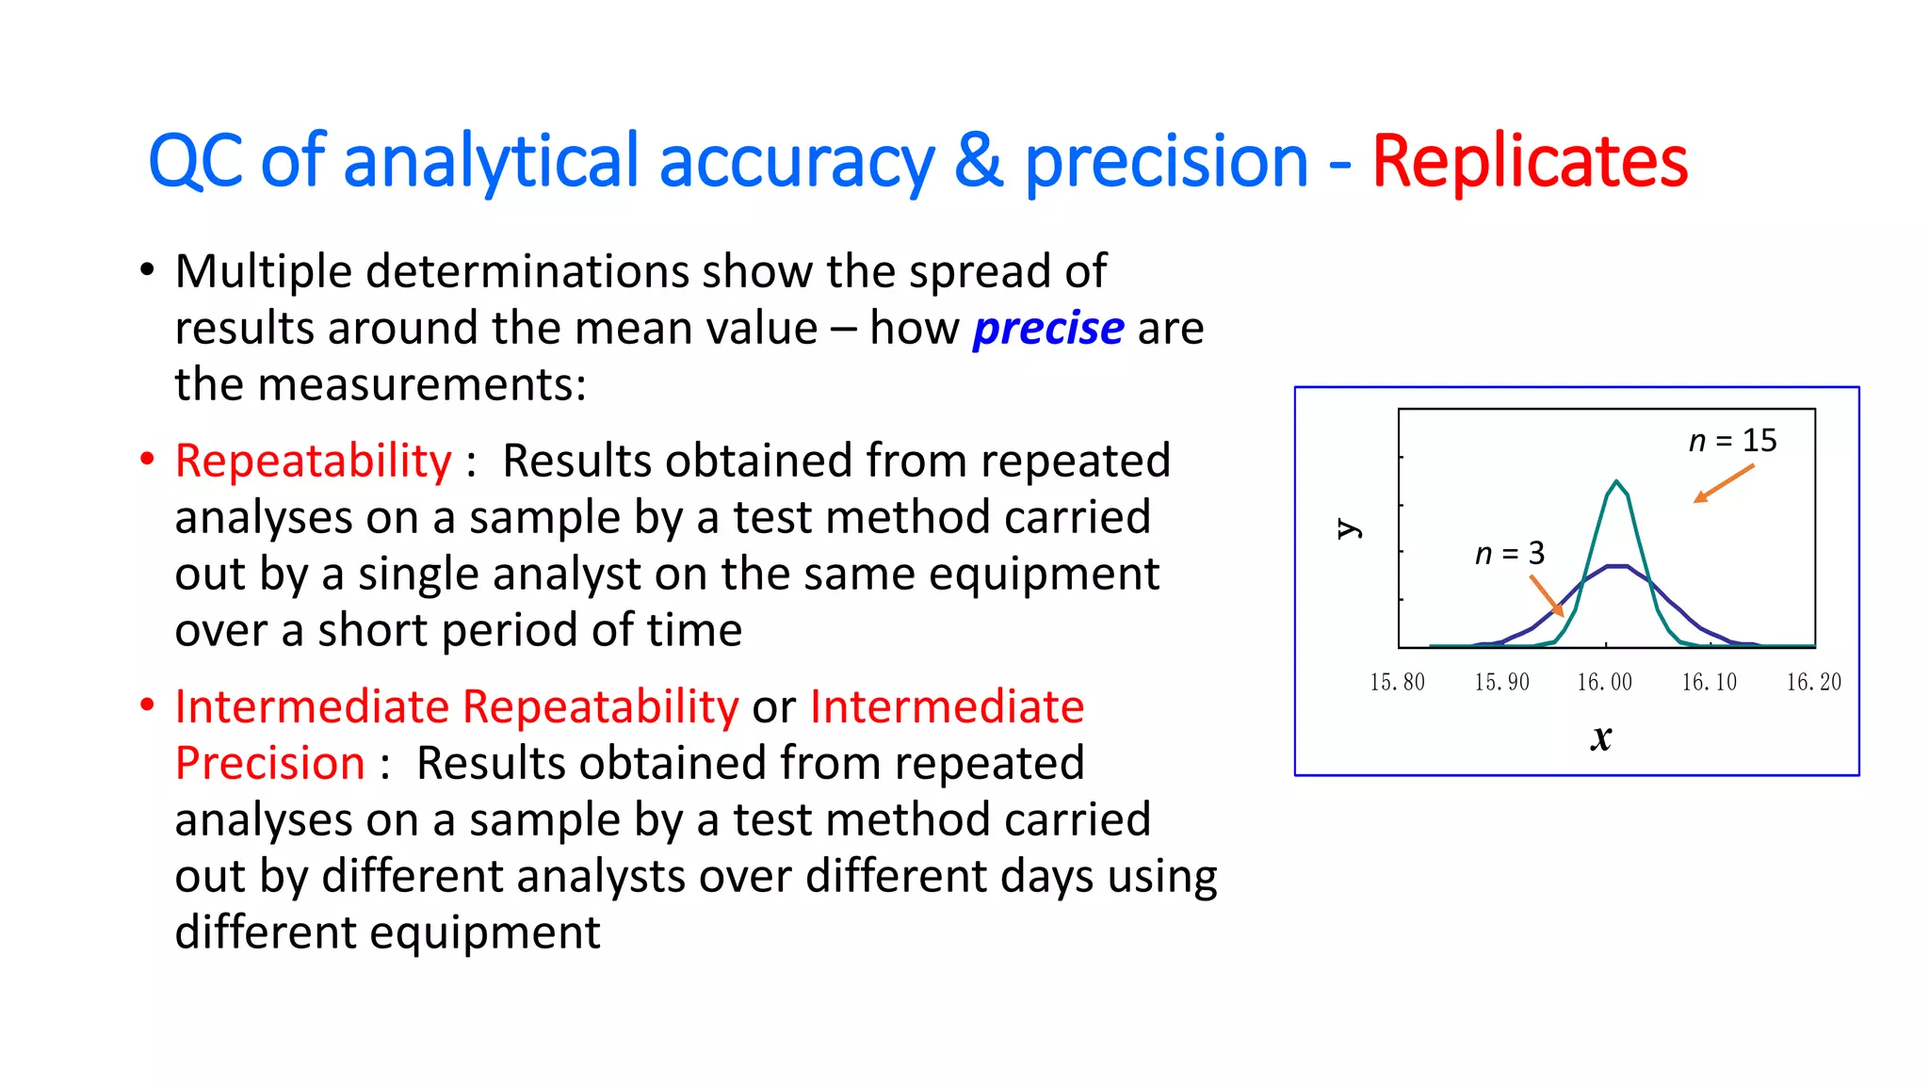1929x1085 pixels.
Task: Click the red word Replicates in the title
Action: [1529, 162]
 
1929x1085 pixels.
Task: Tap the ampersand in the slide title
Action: [979, 162]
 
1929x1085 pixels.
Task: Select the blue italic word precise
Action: [1047, 329]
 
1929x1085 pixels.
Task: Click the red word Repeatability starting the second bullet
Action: [313, 462]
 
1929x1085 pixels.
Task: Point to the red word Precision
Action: [270, 764]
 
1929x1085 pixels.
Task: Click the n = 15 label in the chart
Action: [1732, 441]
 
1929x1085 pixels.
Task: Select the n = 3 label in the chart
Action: [1509, 554]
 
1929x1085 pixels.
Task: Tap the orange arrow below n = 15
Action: [1723, 484]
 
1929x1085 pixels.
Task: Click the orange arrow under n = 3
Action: [1547, 596]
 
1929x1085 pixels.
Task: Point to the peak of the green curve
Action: [1616, 482]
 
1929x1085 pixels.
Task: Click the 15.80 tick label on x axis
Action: [1397, 682]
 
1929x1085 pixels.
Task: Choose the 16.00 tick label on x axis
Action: [1605, 682]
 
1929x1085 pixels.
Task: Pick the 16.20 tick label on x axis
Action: [1813, 682]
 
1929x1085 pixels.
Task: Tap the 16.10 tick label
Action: [1709, 682]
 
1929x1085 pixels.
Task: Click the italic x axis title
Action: [1601, 737]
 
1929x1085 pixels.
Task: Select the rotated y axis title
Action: [1349, 528]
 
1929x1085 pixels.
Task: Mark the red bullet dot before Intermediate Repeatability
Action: [147, 705]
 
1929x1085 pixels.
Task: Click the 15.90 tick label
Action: [1501, 682]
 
